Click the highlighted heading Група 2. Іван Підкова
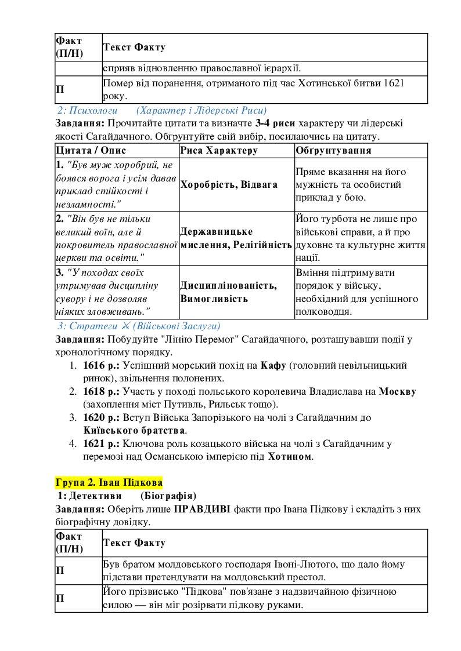pos(109,482)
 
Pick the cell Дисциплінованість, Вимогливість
pos(228,292)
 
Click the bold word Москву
pos(397,391)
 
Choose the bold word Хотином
pos(290,456)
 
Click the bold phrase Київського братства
pos(134,431)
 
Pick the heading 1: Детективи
pos(89,496)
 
